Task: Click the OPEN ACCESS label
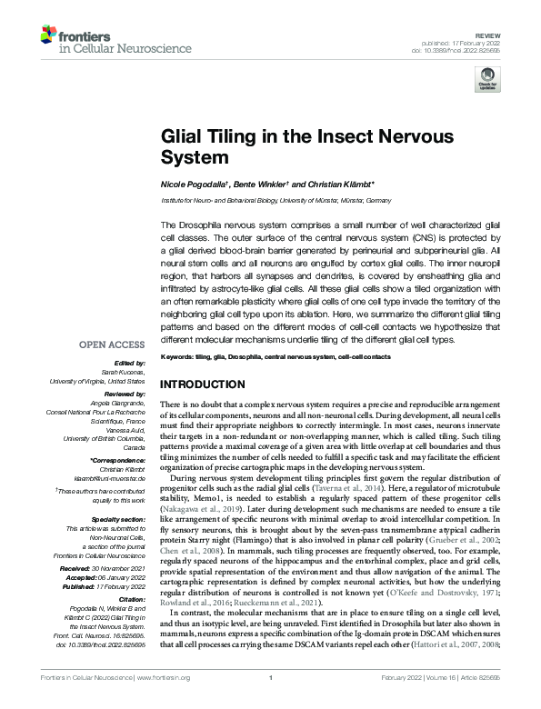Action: [x=115, y=371]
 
